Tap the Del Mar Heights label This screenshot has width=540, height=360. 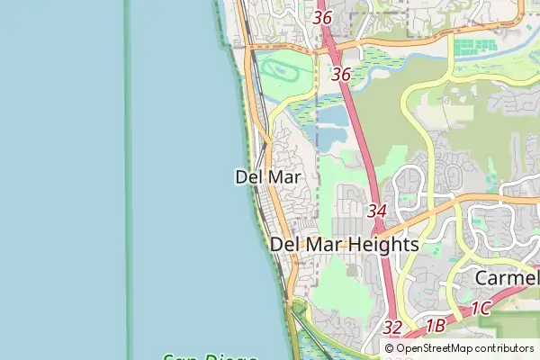345,244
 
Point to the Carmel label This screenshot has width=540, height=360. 507,278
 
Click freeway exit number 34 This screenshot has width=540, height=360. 377,211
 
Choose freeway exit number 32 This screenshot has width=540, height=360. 392,328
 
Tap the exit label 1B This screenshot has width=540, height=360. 436,326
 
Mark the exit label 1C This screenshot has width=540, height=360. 480,309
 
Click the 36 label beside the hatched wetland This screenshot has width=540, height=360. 340,75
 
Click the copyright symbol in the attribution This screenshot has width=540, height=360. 390,348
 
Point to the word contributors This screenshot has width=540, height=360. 504,348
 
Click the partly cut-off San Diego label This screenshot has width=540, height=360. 209,355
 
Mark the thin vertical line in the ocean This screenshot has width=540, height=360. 127,180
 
